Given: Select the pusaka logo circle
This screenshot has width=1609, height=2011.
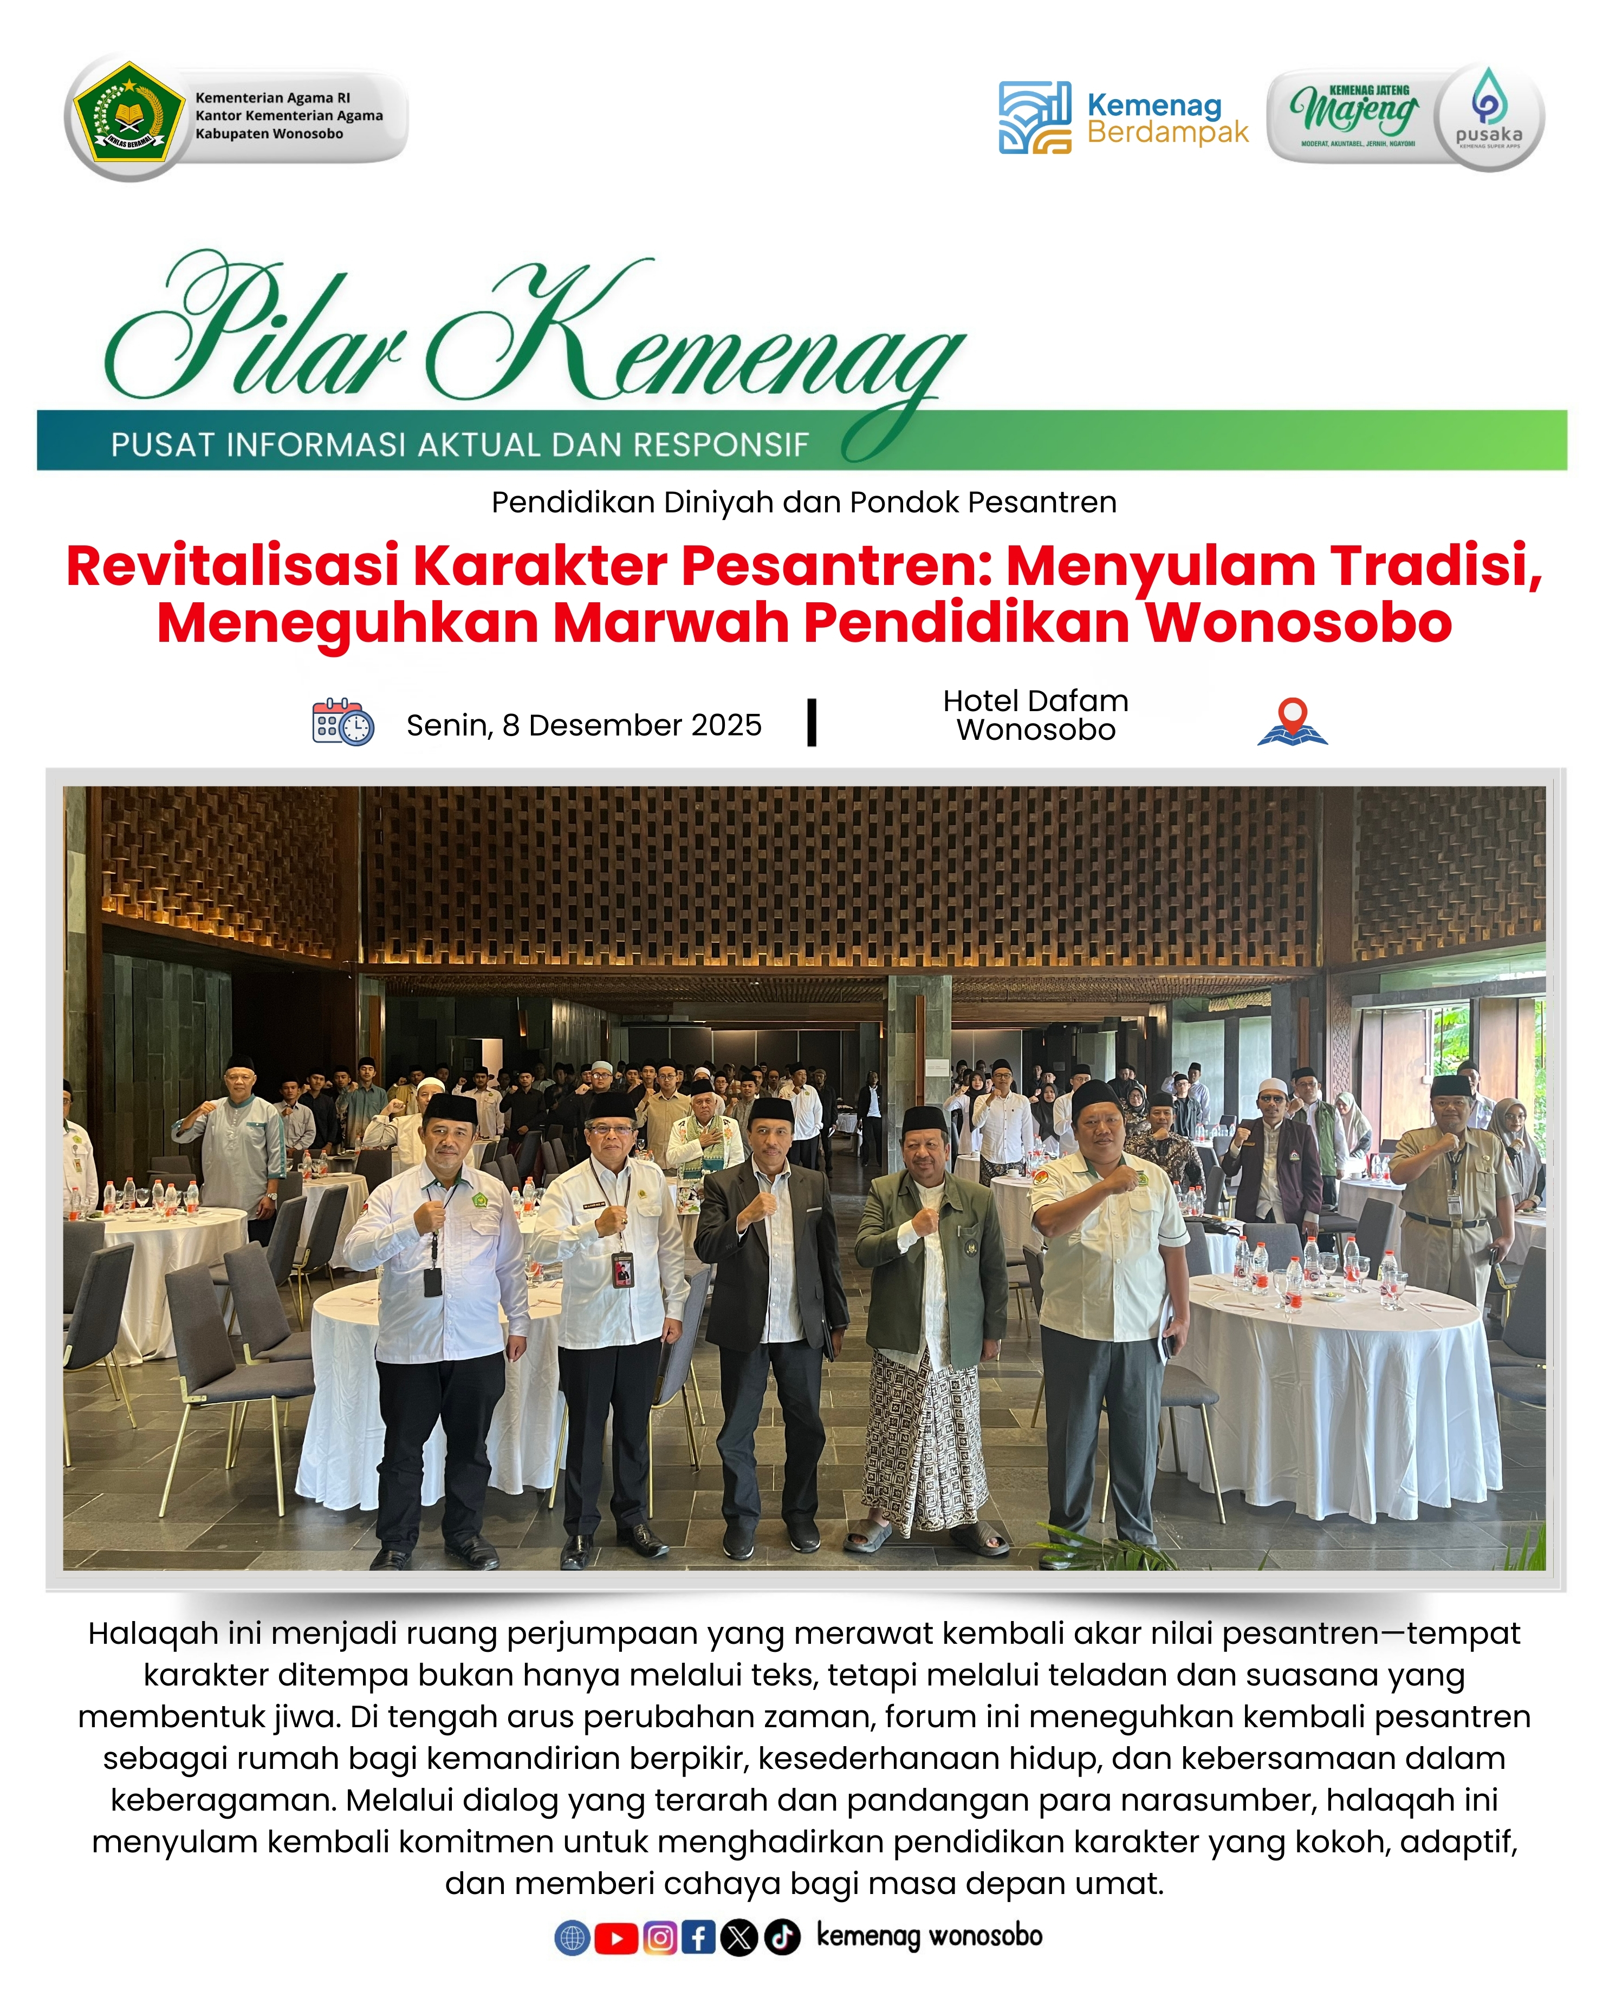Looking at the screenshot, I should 1489,116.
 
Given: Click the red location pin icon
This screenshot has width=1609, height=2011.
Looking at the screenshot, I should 1292,720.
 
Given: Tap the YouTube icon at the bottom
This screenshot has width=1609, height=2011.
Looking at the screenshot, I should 615,1938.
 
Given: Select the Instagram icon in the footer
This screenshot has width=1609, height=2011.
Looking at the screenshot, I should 659,1938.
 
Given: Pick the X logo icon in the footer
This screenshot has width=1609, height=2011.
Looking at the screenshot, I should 739,1938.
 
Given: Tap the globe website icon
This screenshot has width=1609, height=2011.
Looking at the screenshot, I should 573,1938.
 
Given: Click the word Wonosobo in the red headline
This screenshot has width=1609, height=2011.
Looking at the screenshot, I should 1299,623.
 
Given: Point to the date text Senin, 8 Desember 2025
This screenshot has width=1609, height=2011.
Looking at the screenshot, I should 584,725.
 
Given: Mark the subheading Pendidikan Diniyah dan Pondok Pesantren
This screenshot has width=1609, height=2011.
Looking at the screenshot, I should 804,502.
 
